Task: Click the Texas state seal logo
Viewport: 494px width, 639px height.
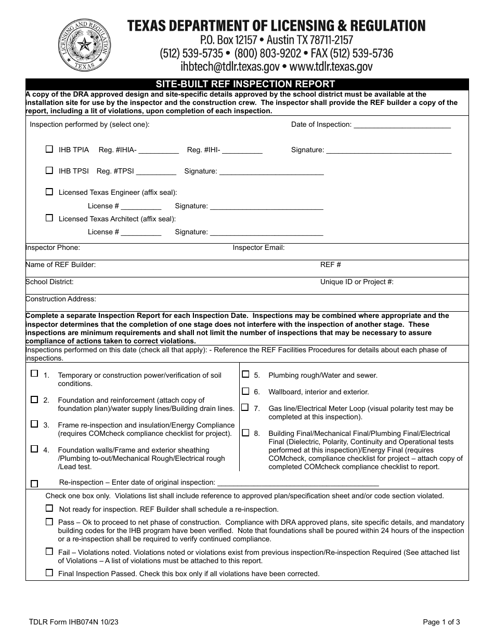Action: click(x=84, y=46)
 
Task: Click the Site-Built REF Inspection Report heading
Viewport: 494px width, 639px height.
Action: click(x=246, y=84)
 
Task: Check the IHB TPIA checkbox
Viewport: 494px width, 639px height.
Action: click(x=49, y=149)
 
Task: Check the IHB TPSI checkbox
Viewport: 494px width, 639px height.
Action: click(x=49, y=170)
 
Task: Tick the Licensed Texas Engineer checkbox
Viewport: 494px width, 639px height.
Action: click(x=49, y=192)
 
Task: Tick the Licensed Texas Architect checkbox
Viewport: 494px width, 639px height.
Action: click(x=49, y=218)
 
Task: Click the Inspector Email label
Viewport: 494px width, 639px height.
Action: click(x=258, y=248)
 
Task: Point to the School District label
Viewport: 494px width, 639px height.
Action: click(x=49, y=282)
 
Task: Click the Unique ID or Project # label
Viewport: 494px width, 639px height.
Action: click(x=357, y=282)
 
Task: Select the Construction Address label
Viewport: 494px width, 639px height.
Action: click(x=61, y=299)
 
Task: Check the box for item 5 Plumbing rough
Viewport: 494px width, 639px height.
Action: click(x=245, y=374)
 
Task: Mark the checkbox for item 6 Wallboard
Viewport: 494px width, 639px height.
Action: click(x=245, y=391)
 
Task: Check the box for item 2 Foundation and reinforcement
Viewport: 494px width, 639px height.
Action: click(x=34, y=400)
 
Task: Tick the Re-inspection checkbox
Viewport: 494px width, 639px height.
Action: click(x=34, y=484)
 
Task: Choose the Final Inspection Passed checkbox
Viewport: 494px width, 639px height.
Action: click(x=49, y=573)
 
